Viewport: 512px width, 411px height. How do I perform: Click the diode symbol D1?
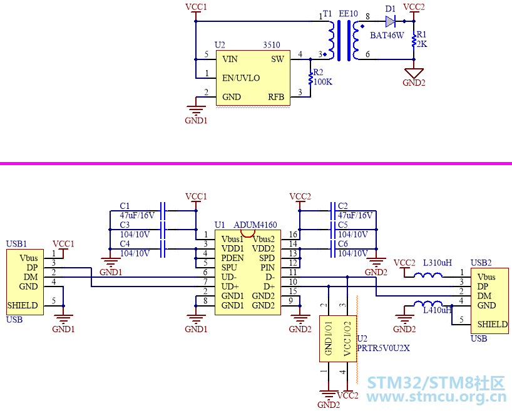(x=390, y=21)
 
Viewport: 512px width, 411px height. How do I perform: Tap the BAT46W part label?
(x=387, y=35)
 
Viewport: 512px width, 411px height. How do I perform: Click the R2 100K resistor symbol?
(x=310, y=78)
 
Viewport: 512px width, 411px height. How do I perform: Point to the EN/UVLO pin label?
(x=241, y=78)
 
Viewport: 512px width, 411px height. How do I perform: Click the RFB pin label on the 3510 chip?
(x=276, y=97)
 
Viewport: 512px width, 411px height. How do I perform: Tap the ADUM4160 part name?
(x=255, y=225)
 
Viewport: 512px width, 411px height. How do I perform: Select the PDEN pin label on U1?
(x=232, y=258)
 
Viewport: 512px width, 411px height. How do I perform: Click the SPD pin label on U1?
(x=267, y=258)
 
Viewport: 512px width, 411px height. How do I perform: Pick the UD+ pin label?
(x=230, y=287)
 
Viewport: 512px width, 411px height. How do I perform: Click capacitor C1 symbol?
(x=163, y=211)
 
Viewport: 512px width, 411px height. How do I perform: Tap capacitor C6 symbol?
(x=333, y=249)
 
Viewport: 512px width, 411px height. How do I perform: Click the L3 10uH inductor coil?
(x=428, y=275)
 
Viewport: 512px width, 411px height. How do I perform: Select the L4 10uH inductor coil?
(x=428, y=303)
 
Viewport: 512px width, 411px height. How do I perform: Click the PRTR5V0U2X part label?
(x=383, y=348)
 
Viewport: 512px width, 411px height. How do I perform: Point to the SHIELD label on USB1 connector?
(x=23, y=305)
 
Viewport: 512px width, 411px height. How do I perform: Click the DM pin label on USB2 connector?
(x=484, y=296)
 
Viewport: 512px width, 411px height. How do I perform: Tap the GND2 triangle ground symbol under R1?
(x=414, y=73)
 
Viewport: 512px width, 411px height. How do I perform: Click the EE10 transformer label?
(x=349, y=14)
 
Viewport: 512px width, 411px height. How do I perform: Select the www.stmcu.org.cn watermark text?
(x=436, y=397)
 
